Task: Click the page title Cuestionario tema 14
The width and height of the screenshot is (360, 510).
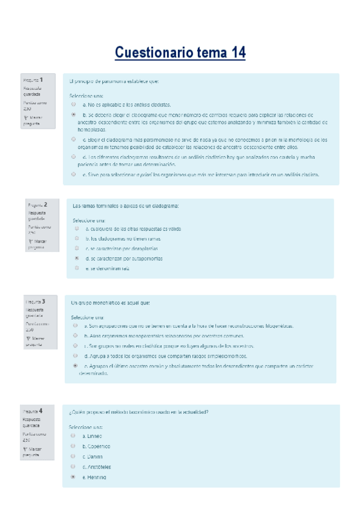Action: coord(180,53)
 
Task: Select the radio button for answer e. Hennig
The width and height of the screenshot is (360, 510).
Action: coord(73,477)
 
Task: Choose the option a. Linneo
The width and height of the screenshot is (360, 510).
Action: coord(73,435)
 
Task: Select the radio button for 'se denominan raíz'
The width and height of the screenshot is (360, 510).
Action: coord(76,268)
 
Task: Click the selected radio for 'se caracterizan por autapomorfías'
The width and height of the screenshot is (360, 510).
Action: coord(76,258)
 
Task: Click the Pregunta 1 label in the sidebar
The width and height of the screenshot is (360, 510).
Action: coord(32,80)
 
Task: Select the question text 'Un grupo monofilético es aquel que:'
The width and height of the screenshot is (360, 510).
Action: coord(111,303)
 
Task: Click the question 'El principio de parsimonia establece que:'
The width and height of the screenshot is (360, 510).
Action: coord(114,81)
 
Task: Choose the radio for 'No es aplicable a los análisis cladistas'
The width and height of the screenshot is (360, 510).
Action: coord(73,104)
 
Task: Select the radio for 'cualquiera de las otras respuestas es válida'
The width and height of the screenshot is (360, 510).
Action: coord(76,229)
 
